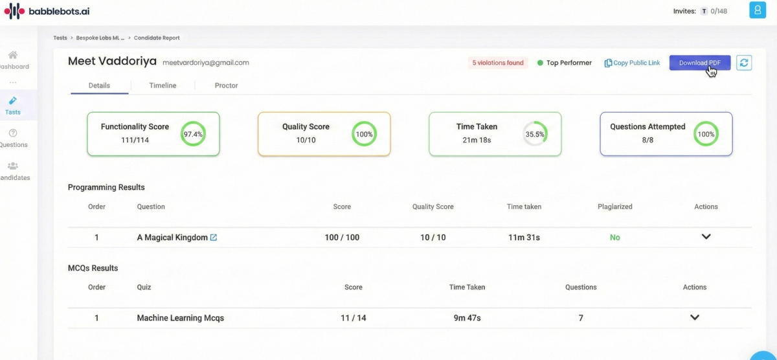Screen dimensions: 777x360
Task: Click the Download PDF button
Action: pos(700,63)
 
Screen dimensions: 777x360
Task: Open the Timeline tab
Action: pos(163,85)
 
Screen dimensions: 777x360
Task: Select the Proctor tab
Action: pos(226,85)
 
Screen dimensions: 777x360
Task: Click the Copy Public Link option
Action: pos(632,63)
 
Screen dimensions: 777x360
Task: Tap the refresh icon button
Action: pos(744,63)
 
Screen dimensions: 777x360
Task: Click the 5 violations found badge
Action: pos(498,63)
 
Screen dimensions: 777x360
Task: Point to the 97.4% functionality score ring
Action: pos(193,122)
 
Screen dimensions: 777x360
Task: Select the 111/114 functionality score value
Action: pos(135,140)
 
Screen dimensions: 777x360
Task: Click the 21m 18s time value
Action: pos(477,140)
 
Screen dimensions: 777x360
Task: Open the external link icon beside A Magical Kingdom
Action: pos(213,237)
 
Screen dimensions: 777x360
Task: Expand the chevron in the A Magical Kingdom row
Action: pos(706,236)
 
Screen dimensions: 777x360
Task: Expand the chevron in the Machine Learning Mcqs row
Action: pos(694,317)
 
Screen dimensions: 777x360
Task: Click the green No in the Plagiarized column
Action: pos(614,237)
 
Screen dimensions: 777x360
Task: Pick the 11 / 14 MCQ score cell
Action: pos(353,318)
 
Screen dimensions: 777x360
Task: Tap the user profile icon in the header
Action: pos(758,10)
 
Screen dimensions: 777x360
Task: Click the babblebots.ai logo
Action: pos(47,11)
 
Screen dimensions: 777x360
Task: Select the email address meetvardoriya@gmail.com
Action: pos(206,63)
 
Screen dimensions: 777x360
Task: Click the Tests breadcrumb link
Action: pos(60,38)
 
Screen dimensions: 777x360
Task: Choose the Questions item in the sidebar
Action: pos(13,138)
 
